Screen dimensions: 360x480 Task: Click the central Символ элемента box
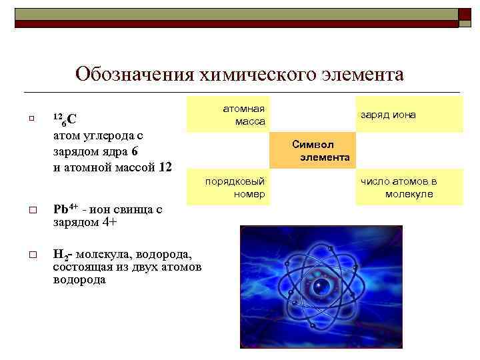click(x=312, y=151)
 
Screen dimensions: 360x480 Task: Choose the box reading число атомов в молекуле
click(x=409, y=187)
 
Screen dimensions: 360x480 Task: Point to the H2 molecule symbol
click(x=61, y=255)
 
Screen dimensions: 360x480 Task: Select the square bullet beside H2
click(x=31, y=255)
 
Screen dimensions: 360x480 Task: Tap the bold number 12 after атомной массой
click(x=166, y=166)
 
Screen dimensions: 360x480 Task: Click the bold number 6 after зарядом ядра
click(x=135, y=151)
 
